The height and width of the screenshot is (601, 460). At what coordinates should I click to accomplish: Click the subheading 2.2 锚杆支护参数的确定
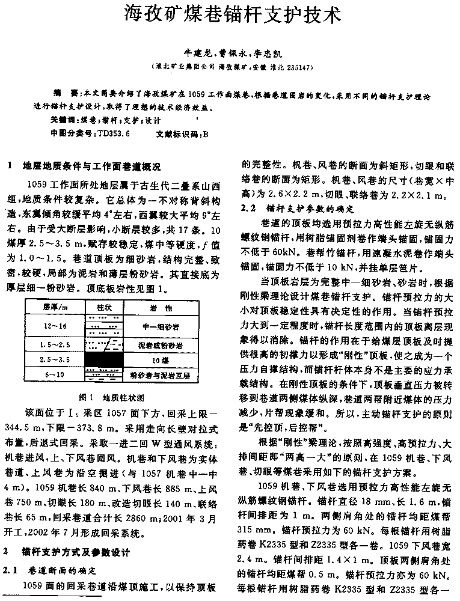[295, 209]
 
